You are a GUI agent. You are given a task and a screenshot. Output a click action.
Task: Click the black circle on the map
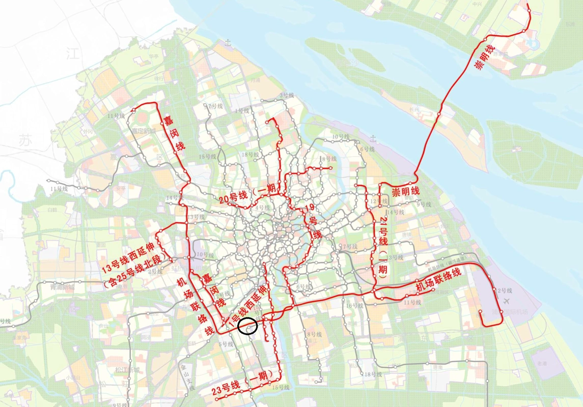247,326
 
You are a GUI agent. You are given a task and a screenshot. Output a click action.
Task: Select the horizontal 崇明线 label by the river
405,191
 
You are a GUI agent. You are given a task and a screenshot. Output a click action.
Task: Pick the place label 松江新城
123,369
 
